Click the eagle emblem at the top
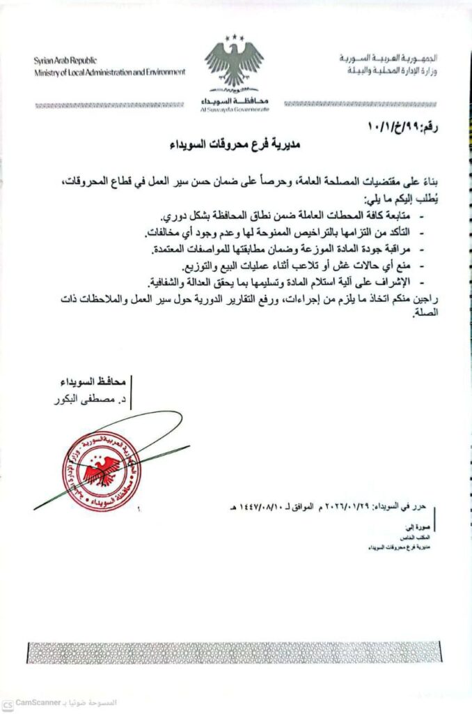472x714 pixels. (x=235, y=63)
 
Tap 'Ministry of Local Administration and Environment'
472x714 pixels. (x=110, y=72)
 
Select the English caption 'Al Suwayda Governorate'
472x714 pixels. (x=235, y=109)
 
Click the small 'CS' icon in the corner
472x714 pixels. (x=7, y=703)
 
